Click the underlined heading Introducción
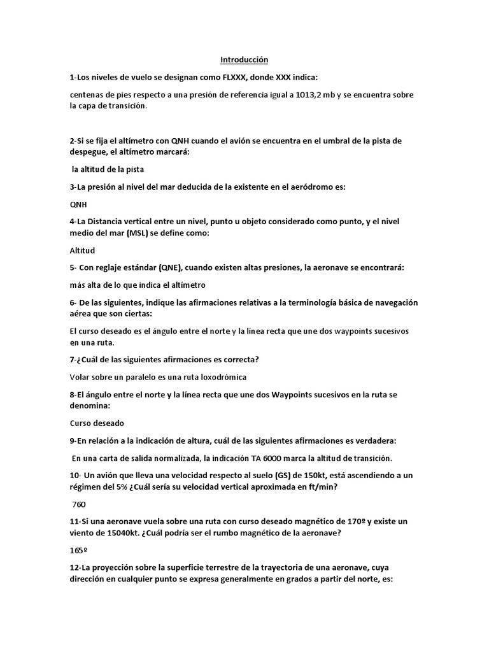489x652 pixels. pos(244,60)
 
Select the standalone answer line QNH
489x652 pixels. pos(78,205)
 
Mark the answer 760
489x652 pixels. pos(80,504)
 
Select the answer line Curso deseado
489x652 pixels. pos(97,423)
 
